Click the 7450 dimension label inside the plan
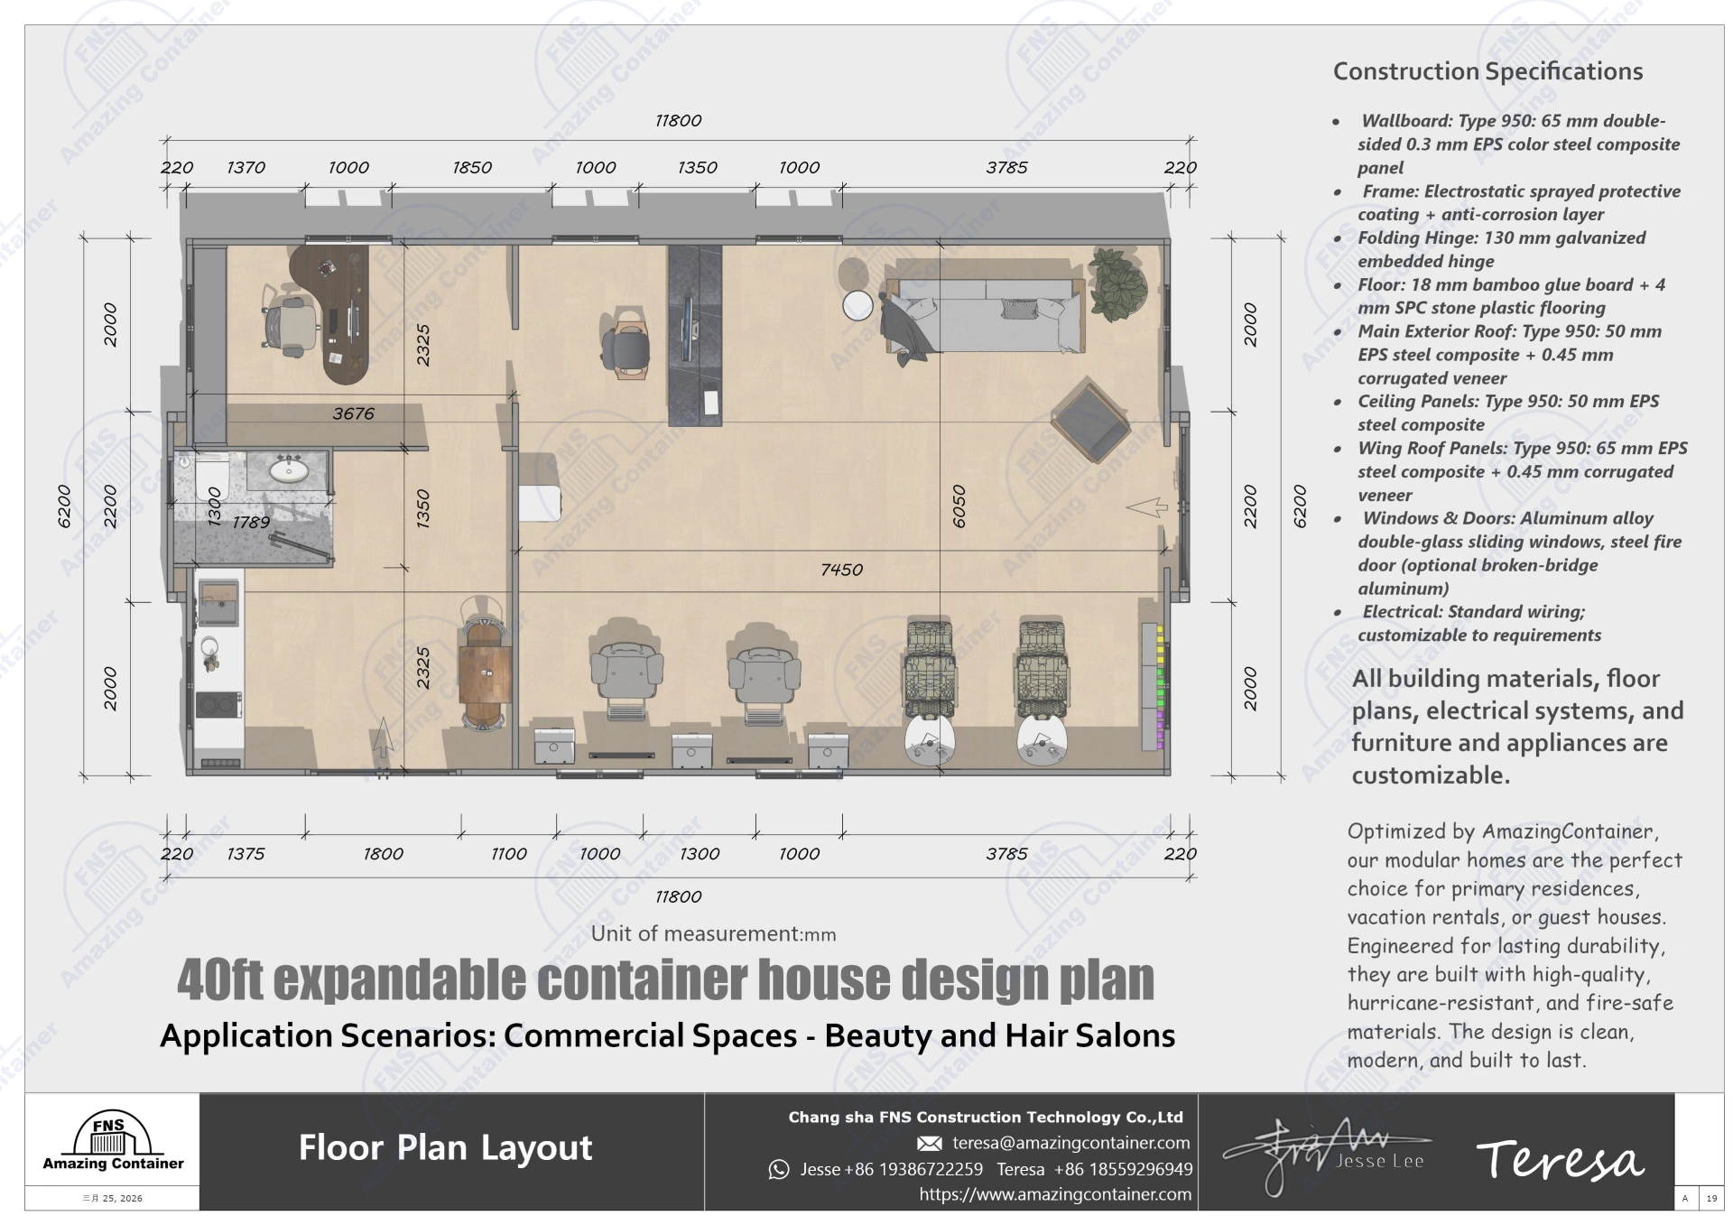tap(841, 570)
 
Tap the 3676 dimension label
tap(353, 413)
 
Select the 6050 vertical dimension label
tap(959, 506)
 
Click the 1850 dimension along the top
tap(472, 168)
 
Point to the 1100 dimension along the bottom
tap(509, 854)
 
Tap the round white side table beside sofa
tap(857, 305)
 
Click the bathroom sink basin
tap(289, 469)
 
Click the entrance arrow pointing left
tap(1147, 508)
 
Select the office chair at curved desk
tap(292, 322)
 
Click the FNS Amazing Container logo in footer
tap(112, 1143)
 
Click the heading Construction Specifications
tap(1487, 71)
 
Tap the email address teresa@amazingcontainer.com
tap(1070, 1143)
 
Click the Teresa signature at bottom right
tap(1559, 1159)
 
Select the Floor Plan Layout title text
tap(445, 1148)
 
